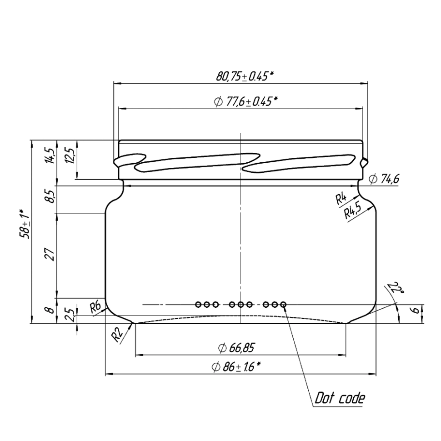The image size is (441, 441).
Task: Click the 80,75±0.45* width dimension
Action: coord(245,76)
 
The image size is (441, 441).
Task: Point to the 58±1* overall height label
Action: coord(25,224)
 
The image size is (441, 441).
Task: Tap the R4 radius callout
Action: coord(341,199)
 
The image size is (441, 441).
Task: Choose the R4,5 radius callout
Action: coord(353,210)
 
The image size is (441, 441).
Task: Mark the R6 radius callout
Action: coord(95,307)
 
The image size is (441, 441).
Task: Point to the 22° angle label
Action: coord(396,288)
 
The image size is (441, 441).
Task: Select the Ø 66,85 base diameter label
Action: coord(236,348)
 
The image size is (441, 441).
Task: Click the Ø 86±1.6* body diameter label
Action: coord(236,367)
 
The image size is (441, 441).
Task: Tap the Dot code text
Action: coord(340,398)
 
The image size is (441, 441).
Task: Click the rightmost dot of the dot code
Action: coord(283,304)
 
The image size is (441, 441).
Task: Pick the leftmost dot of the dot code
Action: coord(198,304)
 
